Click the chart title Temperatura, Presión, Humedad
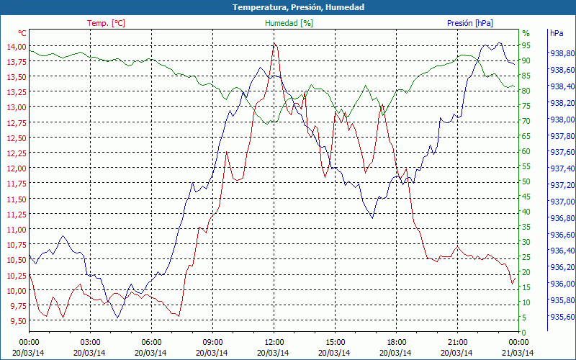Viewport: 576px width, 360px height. pos(288,7)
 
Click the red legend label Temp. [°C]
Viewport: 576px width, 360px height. pos(106,23)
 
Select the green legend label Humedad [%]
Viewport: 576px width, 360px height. pos(289,23)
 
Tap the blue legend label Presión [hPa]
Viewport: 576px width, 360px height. pos(469,23)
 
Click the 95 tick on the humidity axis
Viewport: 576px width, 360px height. pos(526,45)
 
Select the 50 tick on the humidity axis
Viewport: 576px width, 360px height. pos(526,181)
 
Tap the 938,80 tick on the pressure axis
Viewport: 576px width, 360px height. pos(562,54)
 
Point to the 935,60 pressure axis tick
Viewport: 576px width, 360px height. pos(562,317)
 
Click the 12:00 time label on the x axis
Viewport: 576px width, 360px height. pos(274,342)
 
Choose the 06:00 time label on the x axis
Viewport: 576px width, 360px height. pos(151,342)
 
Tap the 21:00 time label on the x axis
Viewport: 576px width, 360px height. pos(458,342)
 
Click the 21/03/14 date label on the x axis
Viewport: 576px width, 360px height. pos(519,353)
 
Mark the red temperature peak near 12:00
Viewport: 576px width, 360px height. pos(274,44)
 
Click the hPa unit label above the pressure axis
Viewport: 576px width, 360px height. pos(557,33)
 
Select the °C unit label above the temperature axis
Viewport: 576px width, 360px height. pos(22,33)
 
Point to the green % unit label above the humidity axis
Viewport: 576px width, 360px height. pos(526,33)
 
